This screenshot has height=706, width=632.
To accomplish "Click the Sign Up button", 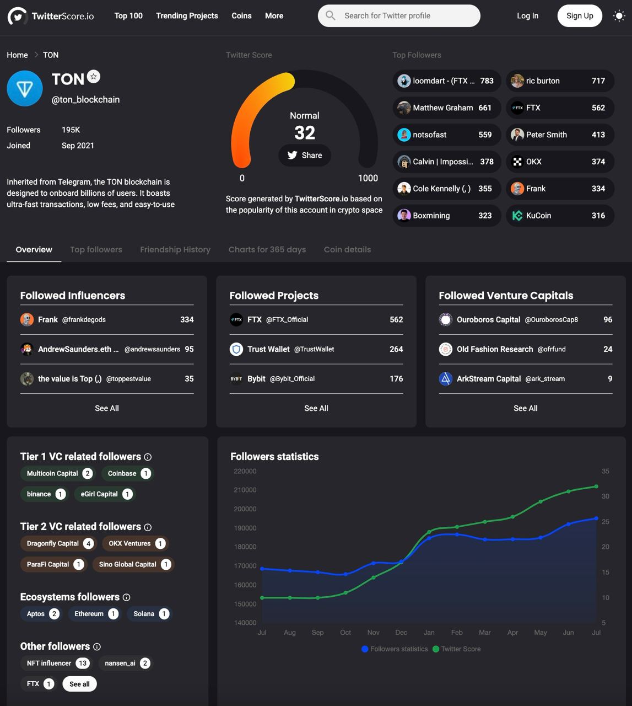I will pos(580,16).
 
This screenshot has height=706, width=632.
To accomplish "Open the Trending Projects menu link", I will pos(187,16).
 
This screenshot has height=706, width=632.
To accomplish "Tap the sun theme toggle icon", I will pos(619,16).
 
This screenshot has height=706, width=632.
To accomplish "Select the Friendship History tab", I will pos(175,250).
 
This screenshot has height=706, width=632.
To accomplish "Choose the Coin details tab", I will pos(347,250).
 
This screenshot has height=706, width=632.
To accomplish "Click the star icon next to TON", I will pos(94,77).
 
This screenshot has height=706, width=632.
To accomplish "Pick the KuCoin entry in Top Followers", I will pos(560,216).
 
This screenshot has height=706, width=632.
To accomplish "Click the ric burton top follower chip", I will pos(560,81).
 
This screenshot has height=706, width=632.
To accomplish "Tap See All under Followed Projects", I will pos(316,408).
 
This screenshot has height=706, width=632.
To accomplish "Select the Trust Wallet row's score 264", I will pos(396,349).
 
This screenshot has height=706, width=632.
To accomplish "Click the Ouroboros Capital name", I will pos(488,320).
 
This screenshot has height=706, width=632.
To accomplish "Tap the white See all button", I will pos(79,684).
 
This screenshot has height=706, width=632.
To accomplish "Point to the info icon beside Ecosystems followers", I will pos(126,597).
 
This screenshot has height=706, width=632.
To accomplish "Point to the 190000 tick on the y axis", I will pos(245,528).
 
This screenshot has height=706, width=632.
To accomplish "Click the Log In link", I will pos(527,16).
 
